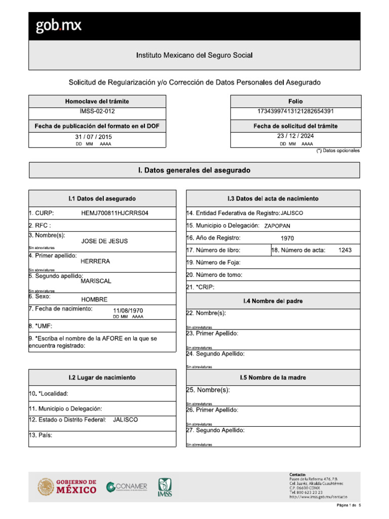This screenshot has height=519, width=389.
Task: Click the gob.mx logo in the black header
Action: pos(58,26)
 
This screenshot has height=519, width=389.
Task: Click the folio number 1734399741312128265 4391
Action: pos(295,111)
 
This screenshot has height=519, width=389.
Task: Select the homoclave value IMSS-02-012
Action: pos(97,111)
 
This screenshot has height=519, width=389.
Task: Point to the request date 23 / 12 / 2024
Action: pos(296,136)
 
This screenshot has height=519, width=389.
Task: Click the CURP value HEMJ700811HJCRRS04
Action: pos(115,213)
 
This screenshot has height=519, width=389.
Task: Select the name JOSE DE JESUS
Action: pos(104,241)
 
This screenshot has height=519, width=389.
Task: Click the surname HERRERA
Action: pos(95,262)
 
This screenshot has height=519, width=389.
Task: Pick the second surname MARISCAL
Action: pos(96,281)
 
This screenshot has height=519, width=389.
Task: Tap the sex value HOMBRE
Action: pos(94,300)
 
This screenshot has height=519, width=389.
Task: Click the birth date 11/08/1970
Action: pos(128,310)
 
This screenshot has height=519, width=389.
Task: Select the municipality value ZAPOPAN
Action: pos(277,226)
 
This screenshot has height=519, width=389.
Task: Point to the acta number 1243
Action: pos(345,250)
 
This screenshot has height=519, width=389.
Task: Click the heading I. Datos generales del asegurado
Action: pos(194,171)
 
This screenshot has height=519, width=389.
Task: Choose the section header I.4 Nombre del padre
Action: pos(273,301)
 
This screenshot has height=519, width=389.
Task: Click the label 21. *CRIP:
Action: pos(201,287)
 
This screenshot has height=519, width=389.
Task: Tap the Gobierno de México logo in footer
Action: pos(67,487)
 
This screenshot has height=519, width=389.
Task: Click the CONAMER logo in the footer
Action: pos(127,487)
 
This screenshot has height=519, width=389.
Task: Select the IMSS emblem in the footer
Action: pos(165,488)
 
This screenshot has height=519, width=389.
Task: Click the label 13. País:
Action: pos(41,435)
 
